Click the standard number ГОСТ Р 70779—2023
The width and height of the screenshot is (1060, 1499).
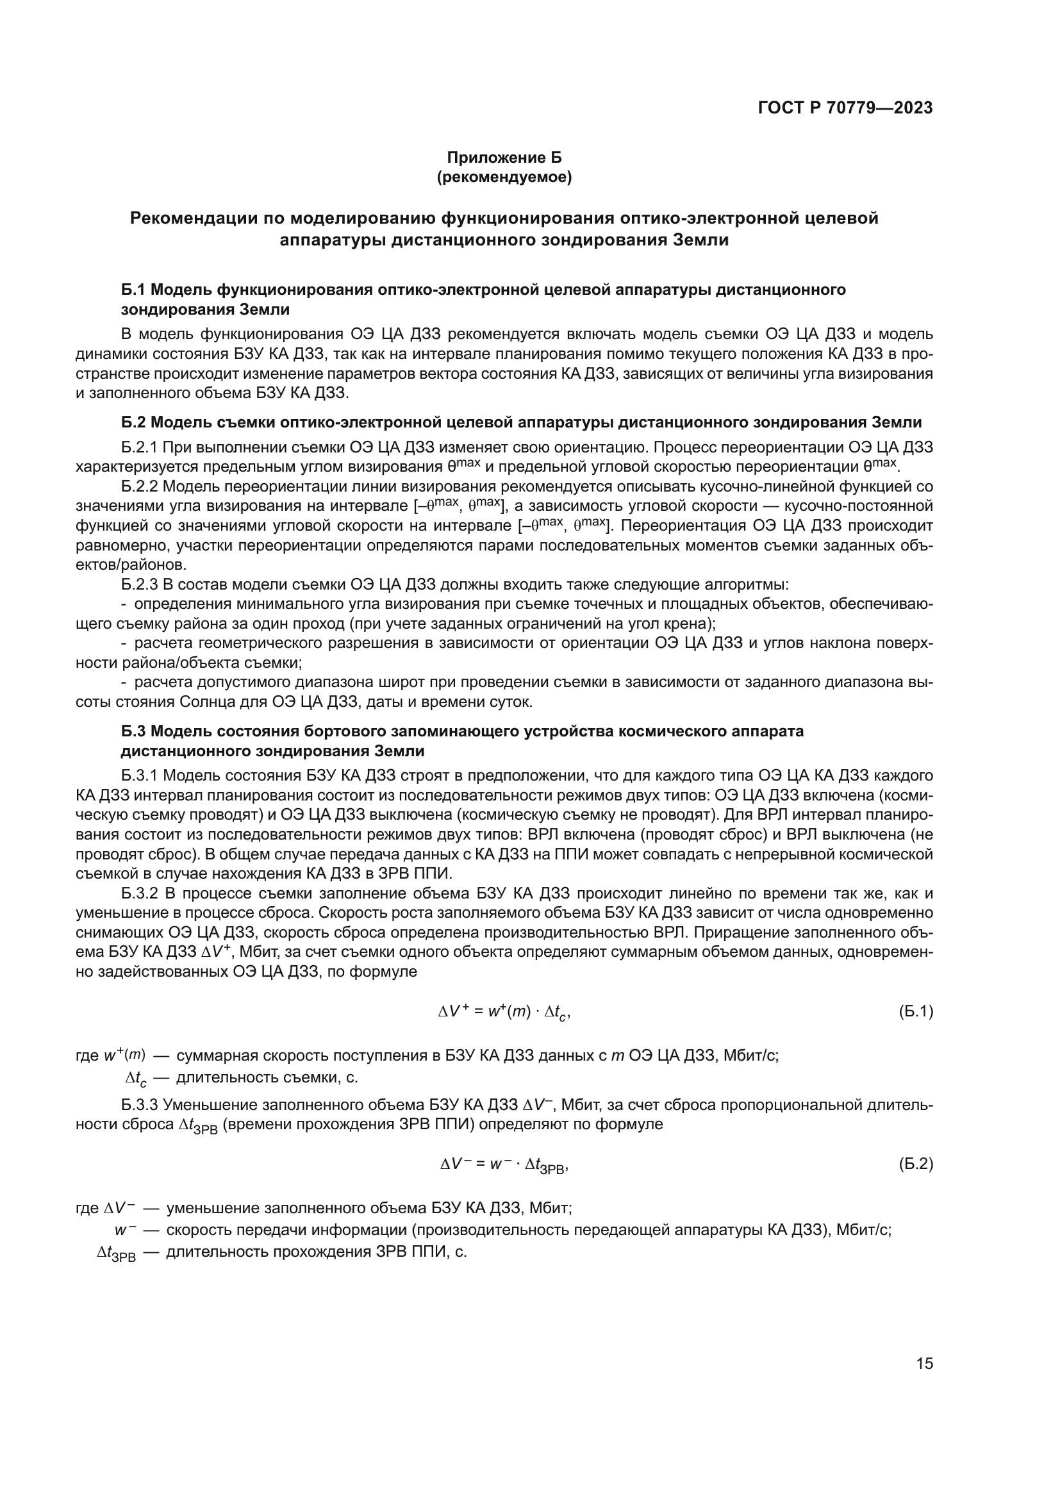click(845, 108)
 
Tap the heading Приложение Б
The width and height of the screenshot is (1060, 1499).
click(503, 158)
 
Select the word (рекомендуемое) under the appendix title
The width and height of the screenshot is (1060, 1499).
click(503, 178)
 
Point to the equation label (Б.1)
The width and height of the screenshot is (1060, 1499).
click(916, 1011)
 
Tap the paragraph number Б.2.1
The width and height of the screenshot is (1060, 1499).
click(140, 447)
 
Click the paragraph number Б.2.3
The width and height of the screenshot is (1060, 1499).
click(140, 584)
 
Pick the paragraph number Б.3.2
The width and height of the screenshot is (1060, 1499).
click(140, 893)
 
